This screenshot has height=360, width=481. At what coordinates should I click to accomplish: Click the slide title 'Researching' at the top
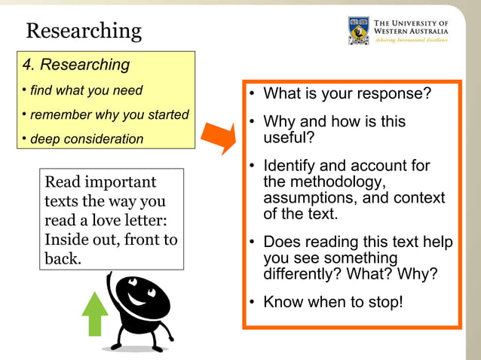84,31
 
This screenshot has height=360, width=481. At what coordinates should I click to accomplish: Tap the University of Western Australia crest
358,30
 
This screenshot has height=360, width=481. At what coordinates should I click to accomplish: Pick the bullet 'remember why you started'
109,115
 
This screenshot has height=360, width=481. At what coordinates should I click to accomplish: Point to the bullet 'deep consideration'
86,139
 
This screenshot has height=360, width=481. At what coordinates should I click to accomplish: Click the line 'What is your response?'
347,94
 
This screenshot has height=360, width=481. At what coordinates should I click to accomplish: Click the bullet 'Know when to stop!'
332,302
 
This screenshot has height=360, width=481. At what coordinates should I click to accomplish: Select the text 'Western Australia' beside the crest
411,32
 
